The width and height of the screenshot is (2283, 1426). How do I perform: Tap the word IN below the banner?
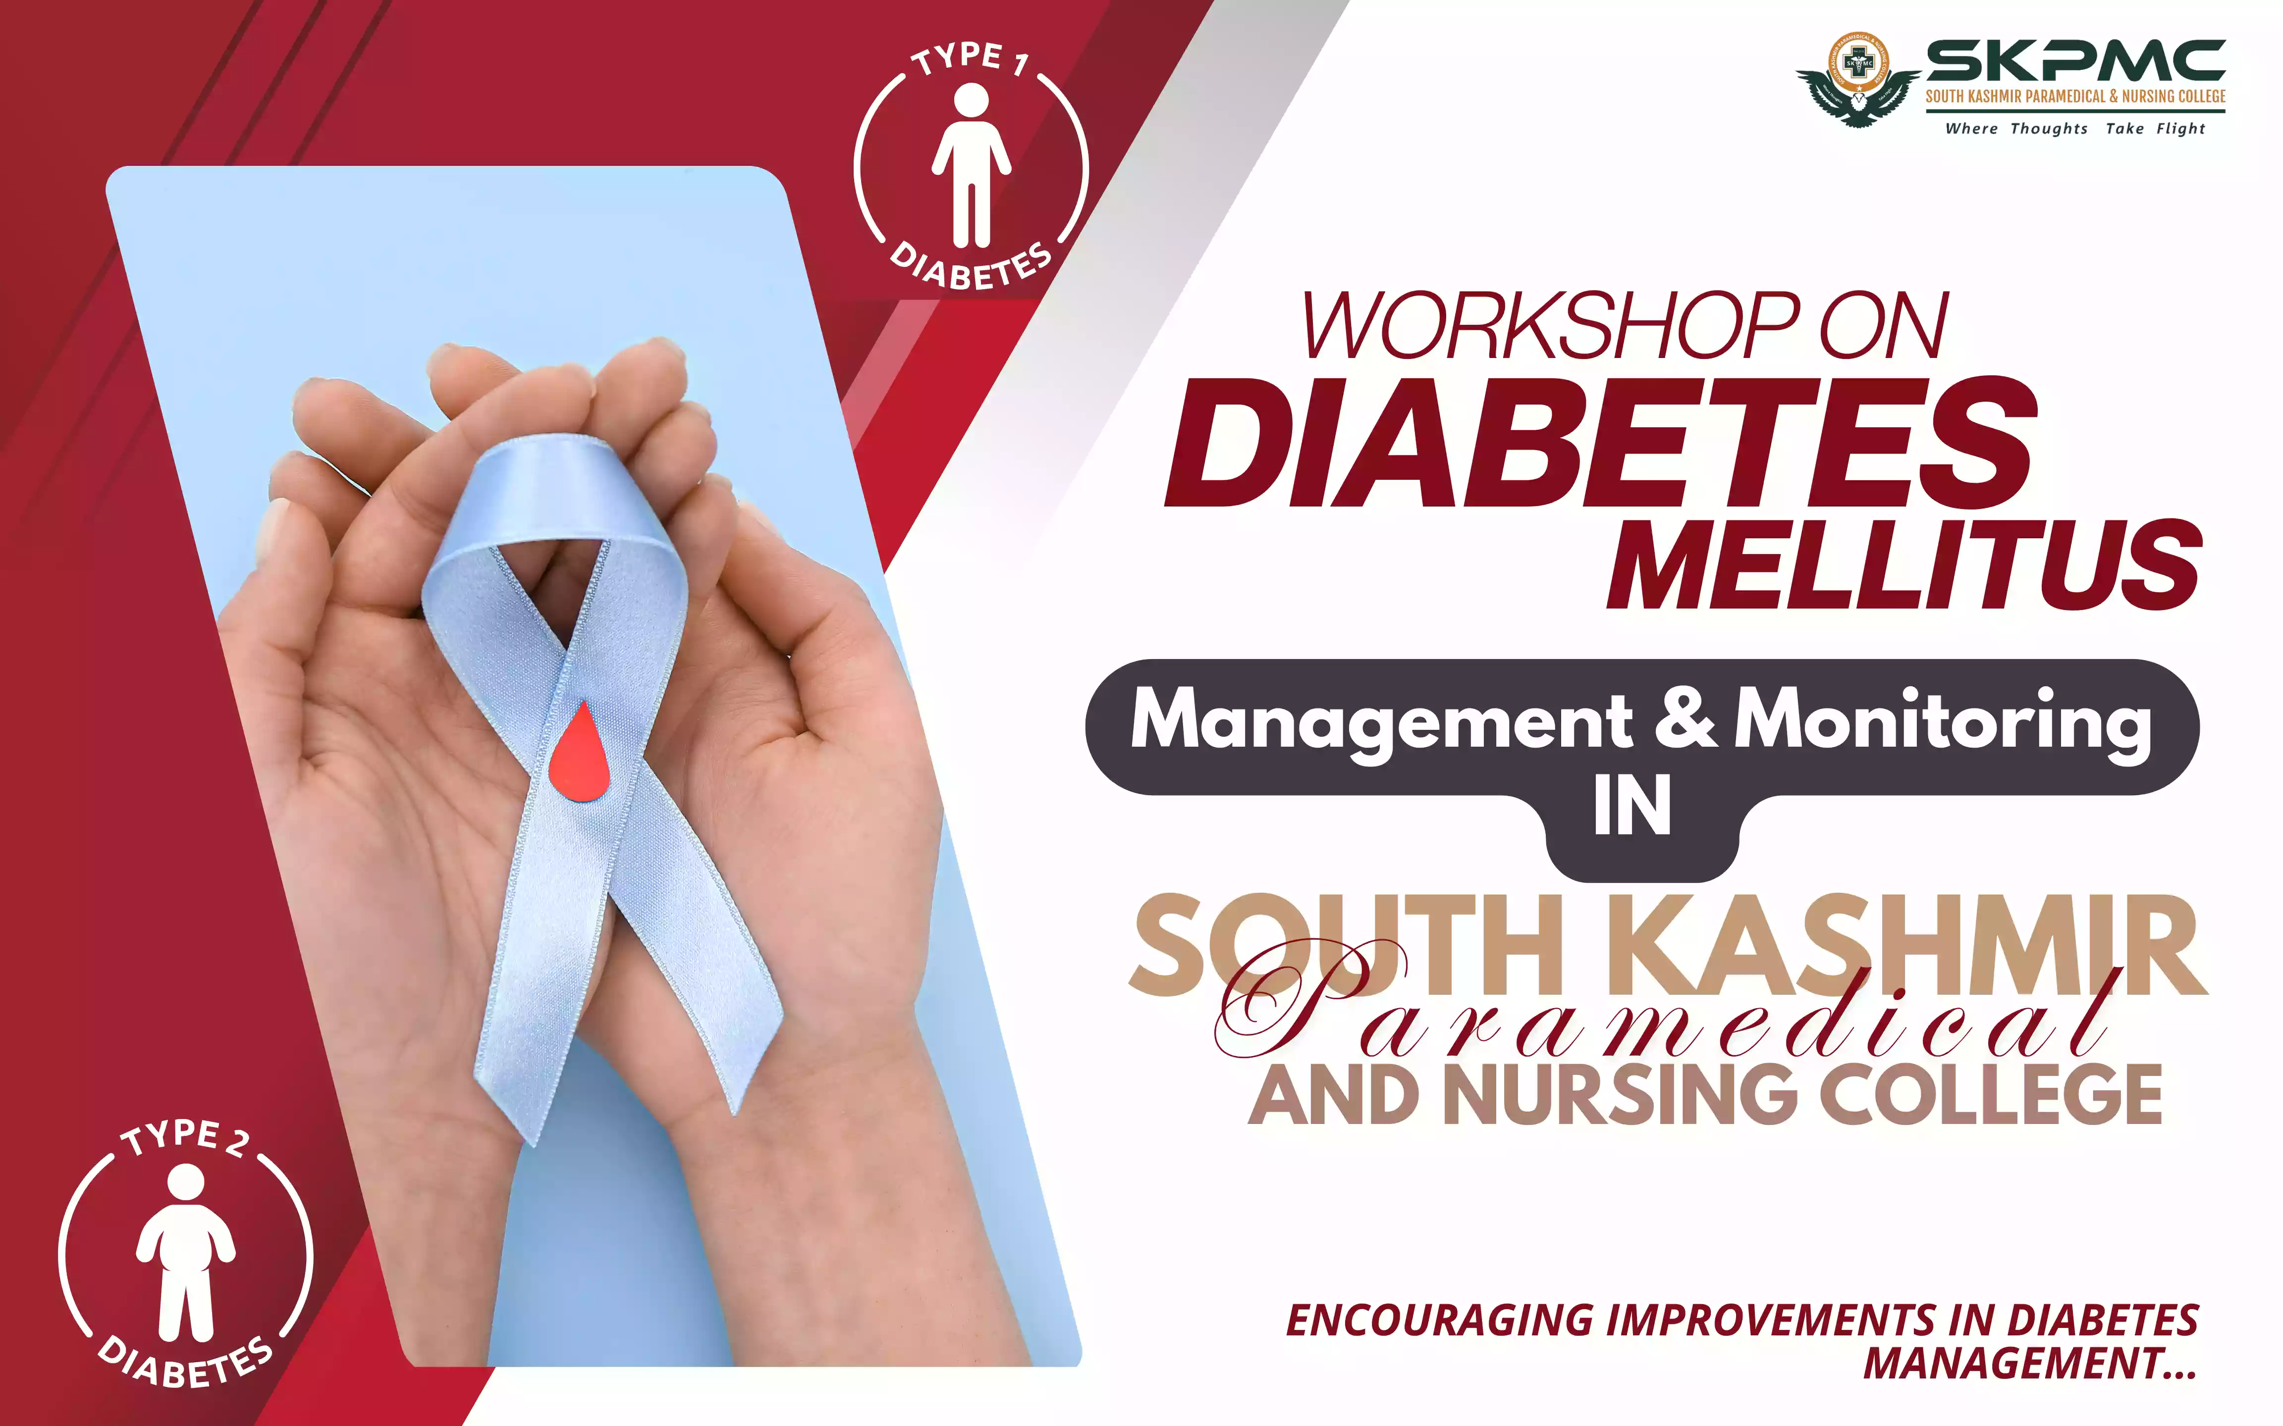1632,807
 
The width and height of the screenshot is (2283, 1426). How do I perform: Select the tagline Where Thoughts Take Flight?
2074,128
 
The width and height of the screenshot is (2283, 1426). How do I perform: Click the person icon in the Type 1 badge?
972,165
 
